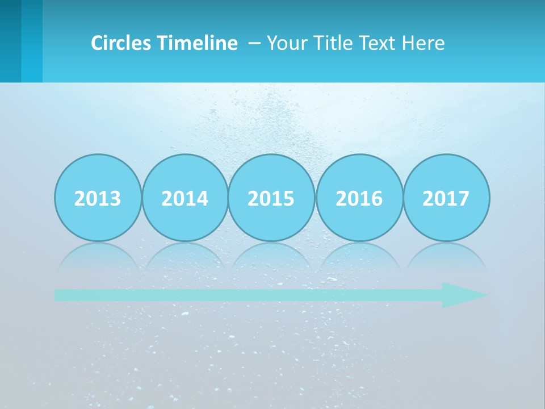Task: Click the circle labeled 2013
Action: tap(98, 198)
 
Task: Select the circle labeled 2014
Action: tap(185, 198)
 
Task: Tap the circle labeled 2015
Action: tap(271, 198)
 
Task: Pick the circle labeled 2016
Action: tap(359, 198)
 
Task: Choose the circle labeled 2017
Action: tap(446, 198)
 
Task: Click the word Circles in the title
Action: tap(122, 43)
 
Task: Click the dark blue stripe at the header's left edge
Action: tap(10, 41)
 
